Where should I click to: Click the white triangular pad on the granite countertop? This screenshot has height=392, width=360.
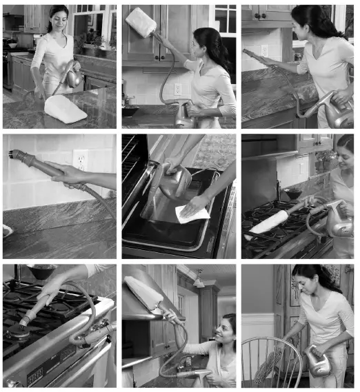[x=65, y=109]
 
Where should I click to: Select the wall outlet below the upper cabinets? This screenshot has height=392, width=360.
[x=178, y=88]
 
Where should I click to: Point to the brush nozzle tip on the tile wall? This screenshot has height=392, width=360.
[x=14, y=155]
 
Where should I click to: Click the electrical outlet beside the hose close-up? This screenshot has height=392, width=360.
[x=81, y=161]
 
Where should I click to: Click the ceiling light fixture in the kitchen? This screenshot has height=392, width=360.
[x=199, y=280]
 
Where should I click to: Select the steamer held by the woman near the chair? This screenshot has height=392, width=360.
[x=318, y=362]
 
